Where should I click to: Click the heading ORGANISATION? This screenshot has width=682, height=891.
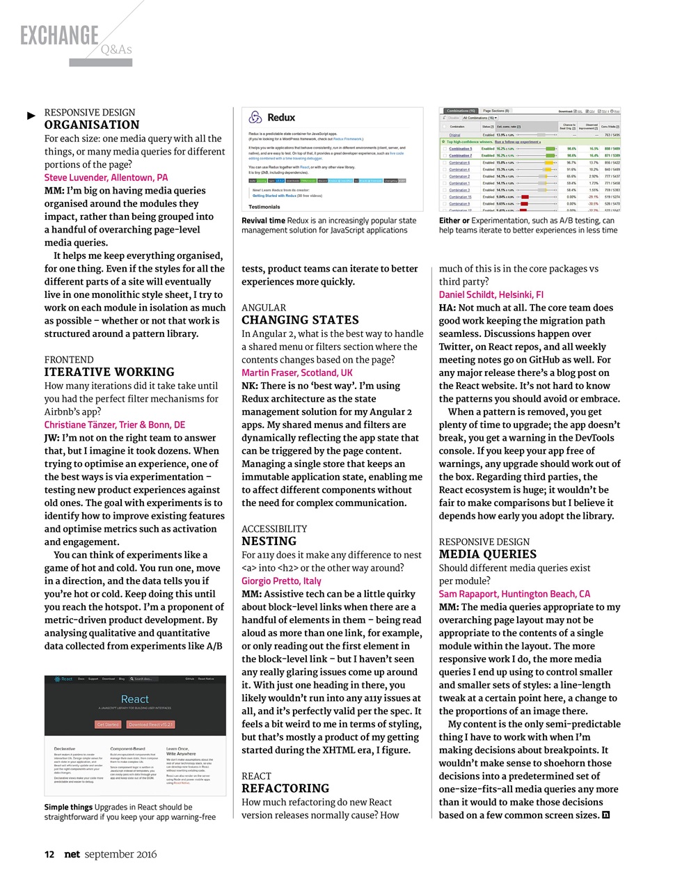coord(92,125)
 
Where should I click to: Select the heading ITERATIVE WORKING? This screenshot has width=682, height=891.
coord(109,372)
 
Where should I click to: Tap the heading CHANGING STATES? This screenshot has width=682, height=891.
coord(300,320)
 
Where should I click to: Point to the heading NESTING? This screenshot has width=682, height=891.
coord(269,542)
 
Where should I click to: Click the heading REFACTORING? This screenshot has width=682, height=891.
coord(285,789)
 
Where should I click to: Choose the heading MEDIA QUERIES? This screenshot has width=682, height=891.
coord(487,555)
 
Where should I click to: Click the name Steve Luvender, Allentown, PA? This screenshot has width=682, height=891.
coord(106,178)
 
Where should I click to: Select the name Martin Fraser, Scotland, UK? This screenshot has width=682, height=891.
coord(297,372)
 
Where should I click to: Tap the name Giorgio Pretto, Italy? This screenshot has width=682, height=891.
coord(281,581)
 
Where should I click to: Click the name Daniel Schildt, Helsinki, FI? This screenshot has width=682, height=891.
coord(491,294)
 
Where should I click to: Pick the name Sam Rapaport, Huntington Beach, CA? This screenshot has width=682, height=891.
coord(514,594)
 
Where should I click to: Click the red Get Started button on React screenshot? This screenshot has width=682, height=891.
coord(108,725)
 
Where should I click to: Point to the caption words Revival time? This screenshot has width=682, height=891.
coord(263,221)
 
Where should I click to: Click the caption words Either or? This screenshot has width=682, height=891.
coord(454,221)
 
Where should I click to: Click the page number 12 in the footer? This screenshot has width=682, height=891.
coord(49,854)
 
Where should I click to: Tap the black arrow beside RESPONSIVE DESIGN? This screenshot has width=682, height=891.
coord(31,115)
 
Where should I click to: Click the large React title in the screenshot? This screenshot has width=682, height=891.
coord(134,699)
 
